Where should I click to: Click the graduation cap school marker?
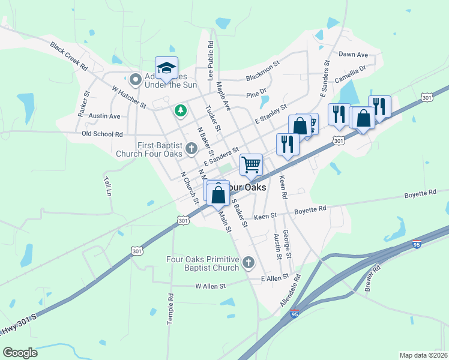(x=167, y=67)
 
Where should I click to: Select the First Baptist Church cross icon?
(x=191, y=148)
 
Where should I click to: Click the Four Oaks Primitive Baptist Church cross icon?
(x=249, y=262)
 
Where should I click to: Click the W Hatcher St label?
(x=129, y=97)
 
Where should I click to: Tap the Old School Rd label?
(x=102, y=134)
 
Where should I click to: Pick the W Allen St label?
(x=210, y=286)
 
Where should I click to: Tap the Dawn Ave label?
(x=353, y=55)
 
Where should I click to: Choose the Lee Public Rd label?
(x=211, y=61)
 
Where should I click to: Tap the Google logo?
(x=20, y=353)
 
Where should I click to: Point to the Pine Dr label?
(x=256, y=94)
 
